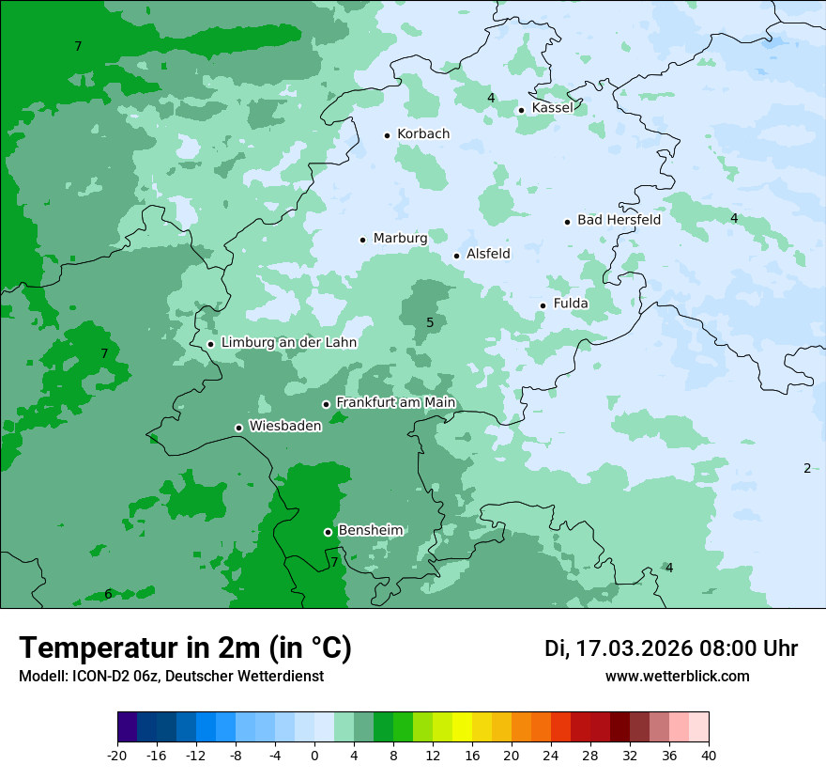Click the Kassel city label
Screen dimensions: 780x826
click(x=552, y=108)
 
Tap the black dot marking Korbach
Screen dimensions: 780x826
click(x=387, y=135)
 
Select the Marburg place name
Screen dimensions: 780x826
click(x=400, y=239)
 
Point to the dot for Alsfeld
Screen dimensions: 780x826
click(x=457, y=256)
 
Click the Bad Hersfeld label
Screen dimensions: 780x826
click(x=619, y=220)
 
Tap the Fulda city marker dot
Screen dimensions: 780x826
click(x=543, y=305)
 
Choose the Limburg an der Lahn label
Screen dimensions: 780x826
click(x=288, y=343)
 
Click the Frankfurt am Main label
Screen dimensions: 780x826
click(x=395, y=403)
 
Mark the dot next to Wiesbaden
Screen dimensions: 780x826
click(x=238, y=428)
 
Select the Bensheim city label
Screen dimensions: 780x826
click(x=370, y=531)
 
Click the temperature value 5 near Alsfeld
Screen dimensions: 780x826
click(x=430, y=323)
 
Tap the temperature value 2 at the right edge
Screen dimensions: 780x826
click(x=806, y=469)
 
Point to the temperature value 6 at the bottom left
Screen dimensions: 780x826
click(x=108, y=595)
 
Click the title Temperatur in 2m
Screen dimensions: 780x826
click(x=185, y=648)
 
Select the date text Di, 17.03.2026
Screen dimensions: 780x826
click(x=618, y=648)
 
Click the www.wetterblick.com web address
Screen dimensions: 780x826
click(x=677, y=677)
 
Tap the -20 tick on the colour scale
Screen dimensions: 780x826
click(x=117, y=755)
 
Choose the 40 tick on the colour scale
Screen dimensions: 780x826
click(x=708, y=755)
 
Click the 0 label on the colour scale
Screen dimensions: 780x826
click(x=314, y=755)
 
